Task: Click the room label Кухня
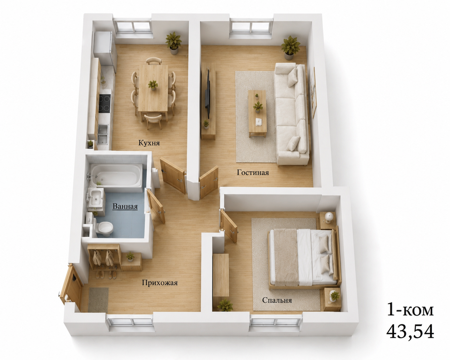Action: point(149,143)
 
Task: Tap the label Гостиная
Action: point(253,173)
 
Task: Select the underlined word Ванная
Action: point(125,206)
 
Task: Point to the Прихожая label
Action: point(160,283)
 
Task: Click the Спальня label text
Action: point(277,300)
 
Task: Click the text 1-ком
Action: point(411,310)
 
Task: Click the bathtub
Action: point(116,175)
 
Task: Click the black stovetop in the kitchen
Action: point(104,103)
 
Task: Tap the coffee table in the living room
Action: point(257,113)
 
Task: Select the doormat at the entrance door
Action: point(99,300)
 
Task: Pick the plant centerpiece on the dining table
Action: point(153,85)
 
